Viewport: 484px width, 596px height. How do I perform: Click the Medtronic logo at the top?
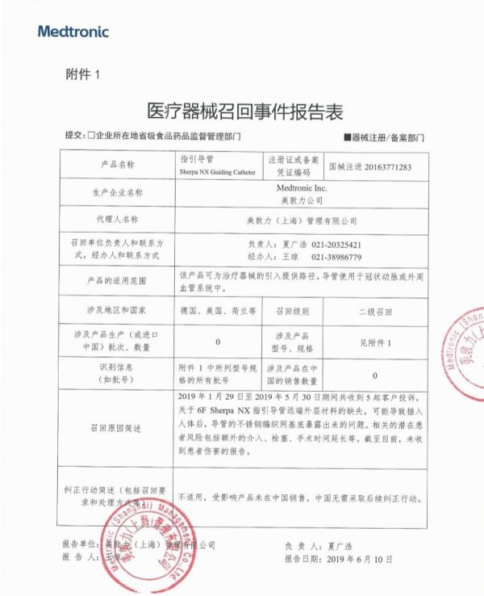point(73,31)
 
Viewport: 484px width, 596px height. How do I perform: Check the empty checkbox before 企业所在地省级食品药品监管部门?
point(92,137)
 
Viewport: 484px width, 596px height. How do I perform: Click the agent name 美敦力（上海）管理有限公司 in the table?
point(302,219)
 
